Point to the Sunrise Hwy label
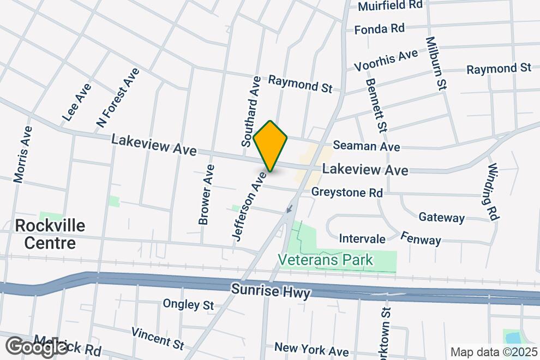pyautogui.click(x=271, y=290)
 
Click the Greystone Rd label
pyautogui.click(x=347, y=193)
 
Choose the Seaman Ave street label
pyautogui.click(x=366, y=146)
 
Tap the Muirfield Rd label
pyautogui.click(x=391, y=5)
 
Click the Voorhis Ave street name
pyautogui.click(x=386, y=60)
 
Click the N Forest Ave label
pyautogui.click(x=118, y=98)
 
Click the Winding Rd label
pyautogui.click(x=493, y=191)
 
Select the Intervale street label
pyautogui.click(x=362, y=239)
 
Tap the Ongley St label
pyautogui.click(x=189, y=304)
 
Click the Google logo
pyautogui.click(x=37, y=346)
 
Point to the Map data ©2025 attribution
pyautogui.click(x=493, y=352)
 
